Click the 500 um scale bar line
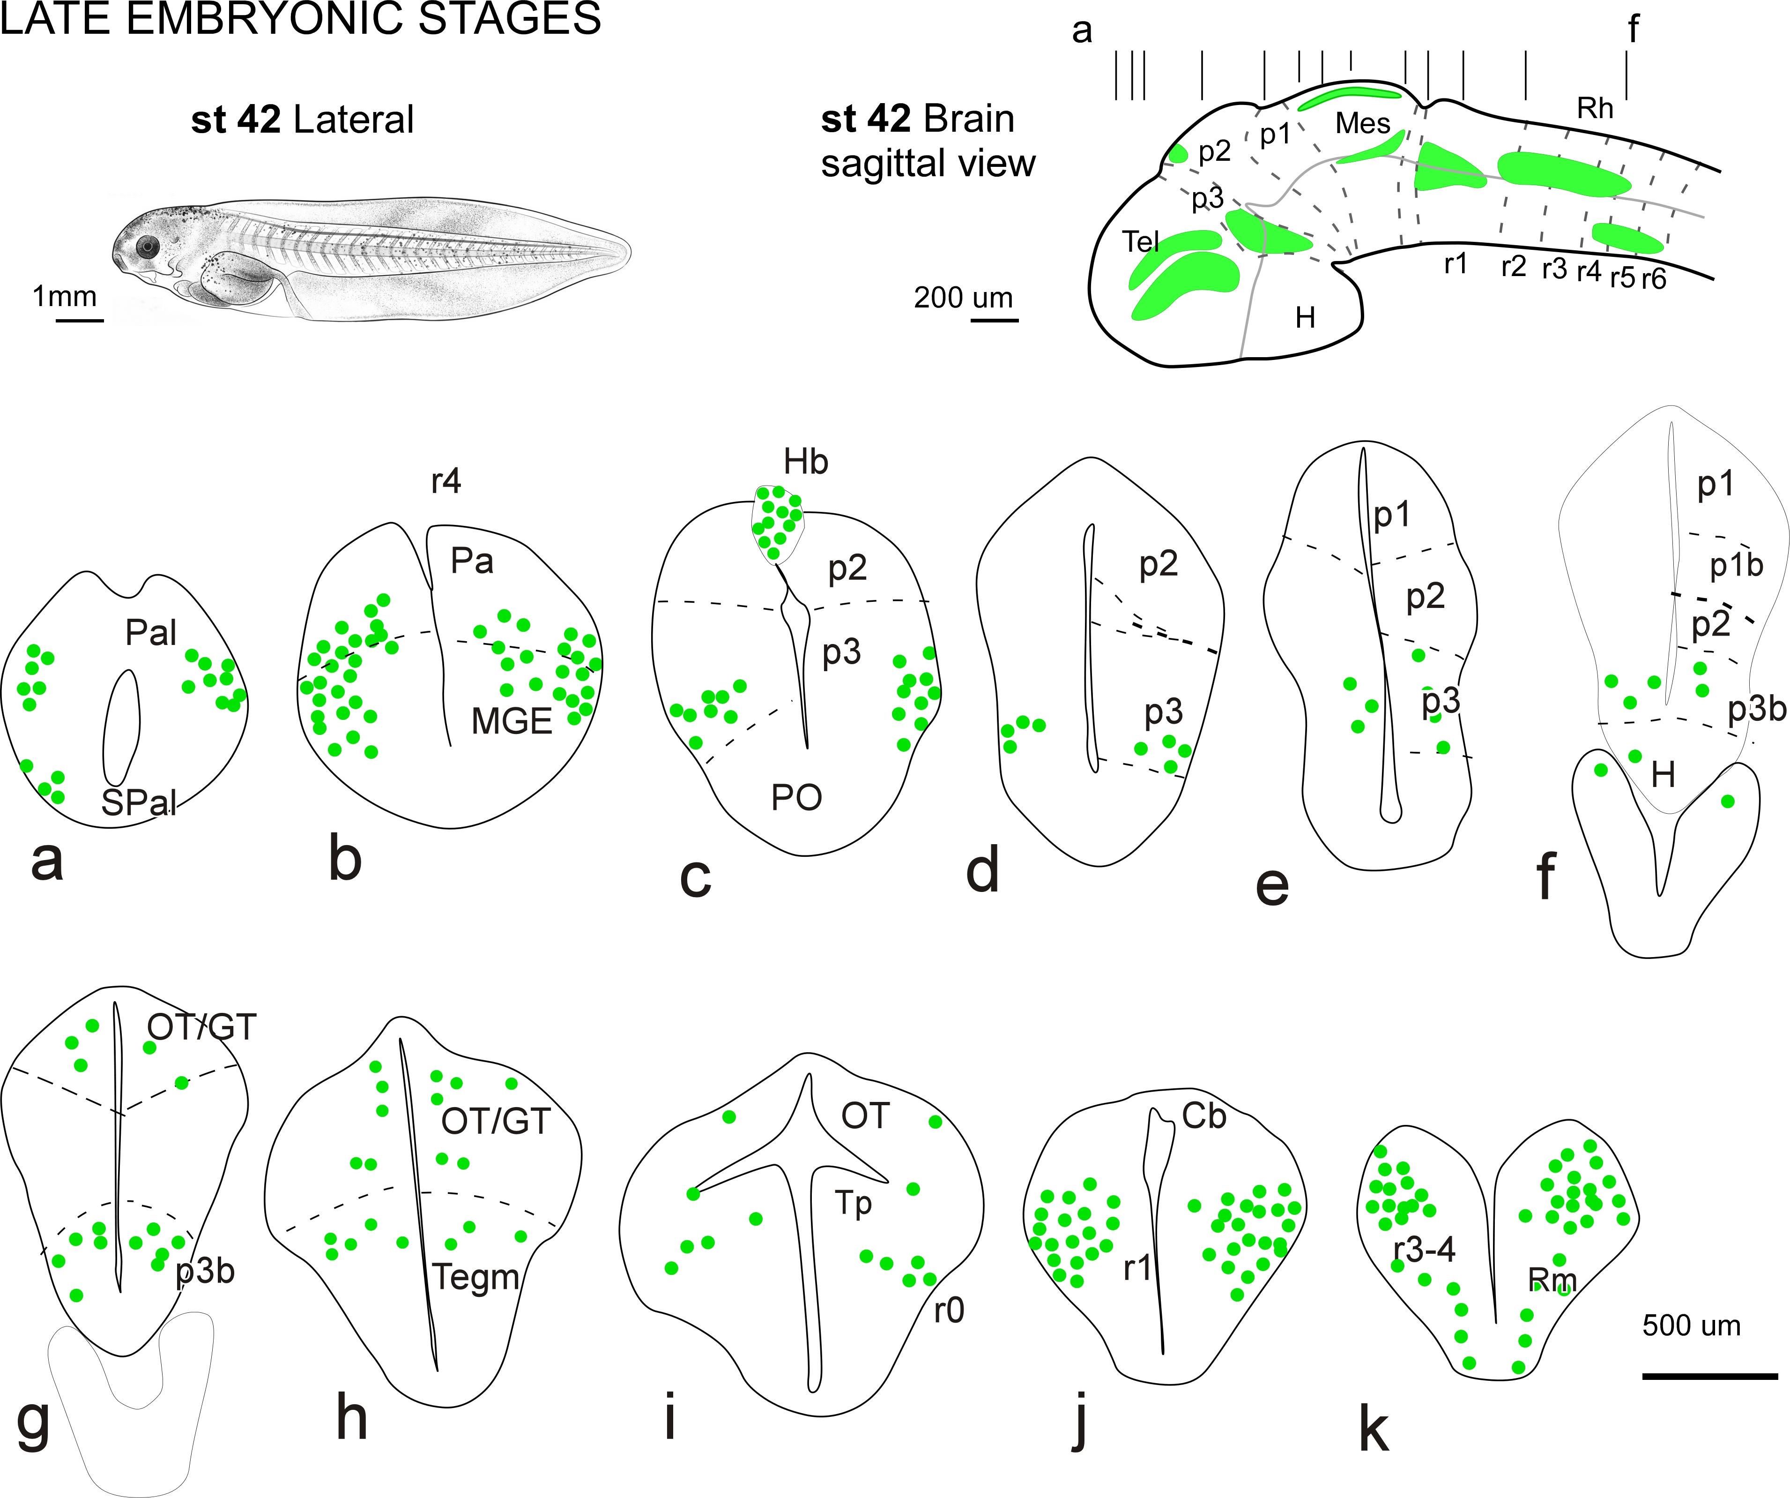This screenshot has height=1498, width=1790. pyautogui.click(x=1709, y=1375)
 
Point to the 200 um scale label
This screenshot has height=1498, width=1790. pyautogui.click(x=963, y=298)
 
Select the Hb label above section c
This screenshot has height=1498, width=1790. pyautogui.click(x=805, y=462)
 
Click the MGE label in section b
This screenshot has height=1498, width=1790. pyautogui.click(x=512, y=721)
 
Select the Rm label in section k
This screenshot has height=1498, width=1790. pyautogui.click(x=1552, y=1280)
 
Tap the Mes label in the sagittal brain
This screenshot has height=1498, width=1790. pyautogui.click(x=1362, y=124)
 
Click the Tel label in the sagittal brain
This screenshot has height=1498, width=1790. pyautogui.click(x=1140, y=242)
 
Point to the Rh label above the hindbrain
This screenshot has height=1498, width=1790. pyautogui.click(x=1595, y=108)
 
